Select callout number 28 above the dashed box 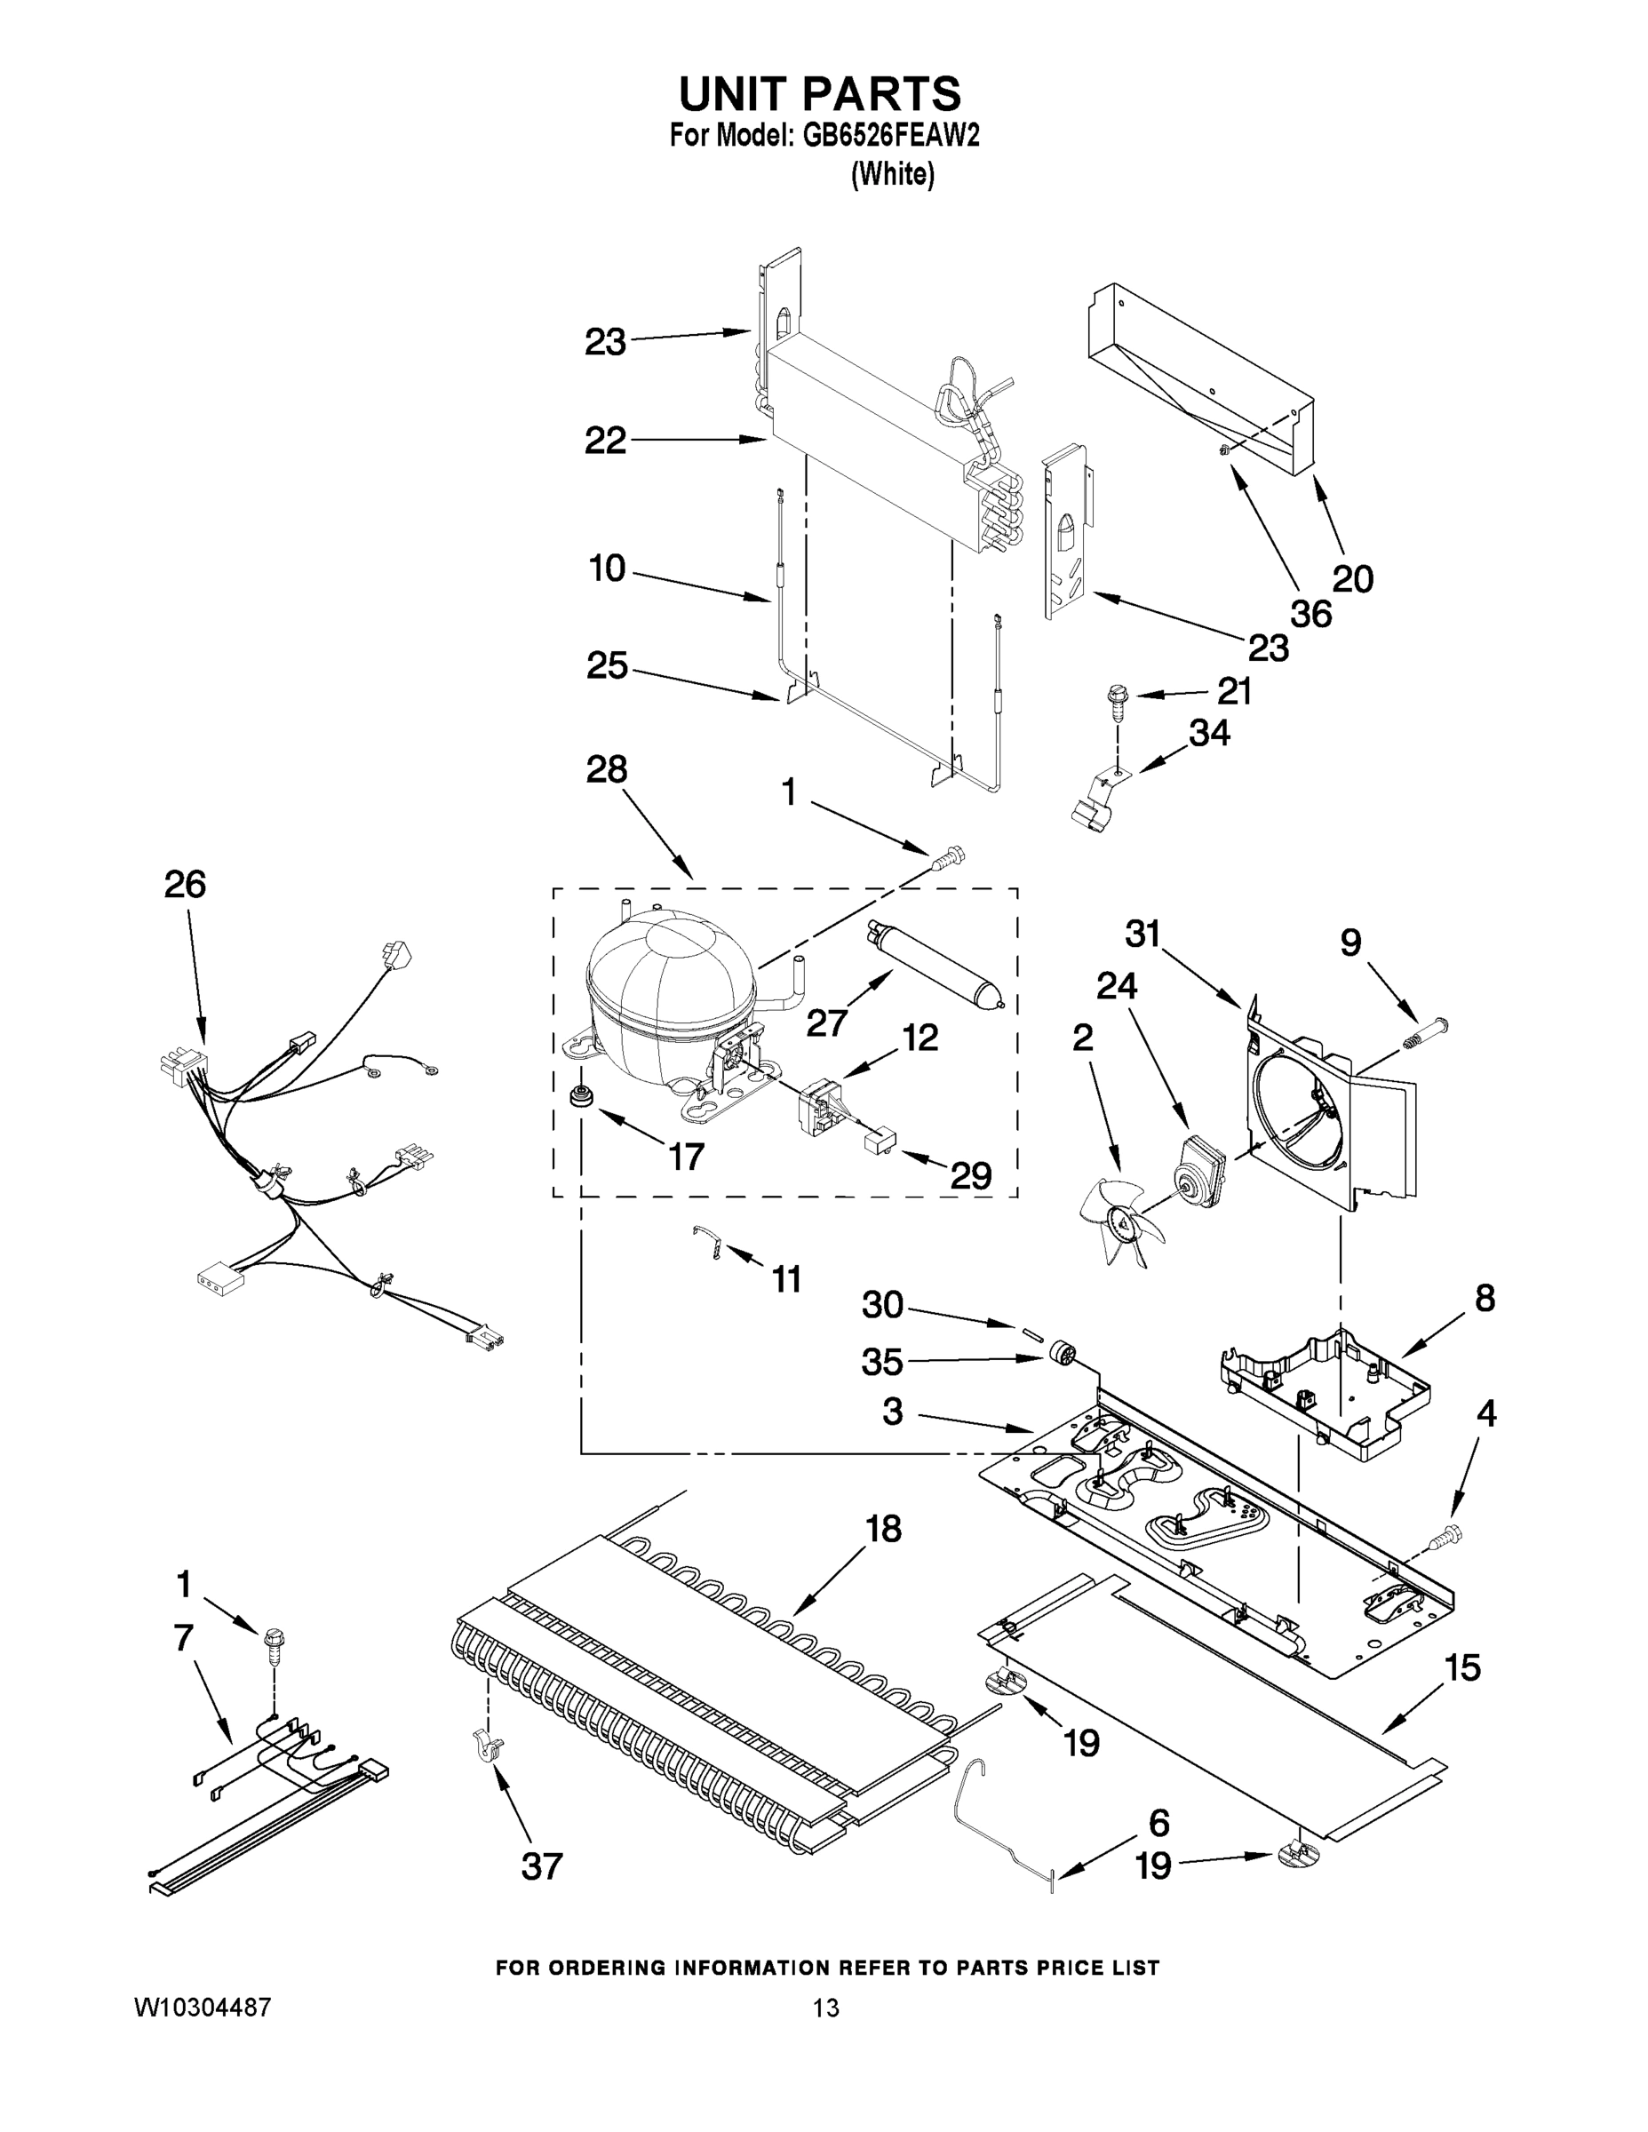pos(605,770)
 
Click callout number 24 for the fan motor pos(1116,987)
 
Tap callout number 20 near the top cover pos(1352,580)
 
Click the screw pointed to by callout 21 pos(1115,700)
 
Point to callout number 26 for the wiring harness pos(185,885)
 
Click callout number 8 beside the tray pos(1484,1299)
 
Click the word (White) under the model pos(892,175)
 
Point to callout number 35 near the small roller pos(881,1362)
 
